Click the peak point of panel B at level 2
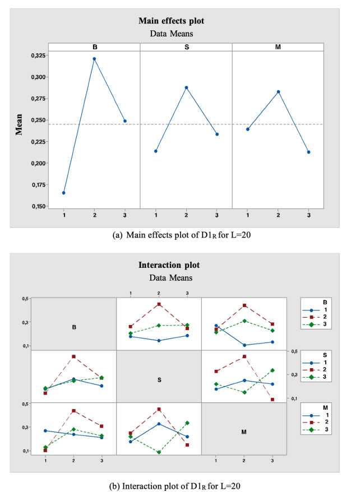point(94,59)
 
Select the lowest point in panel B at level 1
point(63,193)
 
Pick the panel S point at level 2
point(186,87)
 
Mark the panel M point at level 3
point(308,152)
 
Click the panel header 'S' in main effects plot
point(186,47)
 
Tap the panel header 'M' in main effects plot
point(278,47)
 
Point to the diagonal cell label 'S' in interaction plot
point(159,380)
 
